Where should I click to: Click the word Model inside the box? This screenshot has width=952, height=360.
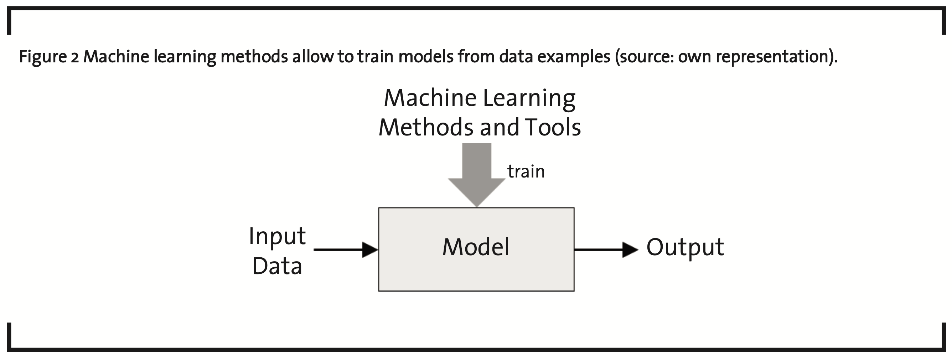(476, 247)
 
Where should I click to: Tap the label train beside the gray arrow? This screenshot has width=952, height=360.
(526, 171)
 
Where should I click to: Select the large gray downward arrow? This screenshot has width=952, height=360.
(477, 175)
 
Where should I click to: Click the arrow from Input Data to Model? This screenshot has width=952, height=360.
(346, 250)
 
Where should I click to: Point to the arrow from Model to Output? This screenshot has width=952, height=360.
(606, 250)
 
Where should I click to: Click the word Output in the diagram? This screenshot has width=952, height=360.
(685, 248)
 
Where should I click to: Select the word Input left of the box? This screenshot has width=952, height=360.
(277, 237)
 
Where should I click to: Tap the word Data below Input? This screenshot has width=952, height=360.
(277, 266)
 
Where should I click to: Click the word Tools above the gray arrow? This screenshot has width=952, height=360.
(553, 127)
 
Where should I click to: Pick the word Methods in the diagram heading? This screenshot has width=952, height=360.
(427, 127)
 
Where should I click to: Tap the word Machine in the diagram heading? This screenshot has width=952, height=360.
(430, 98)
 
